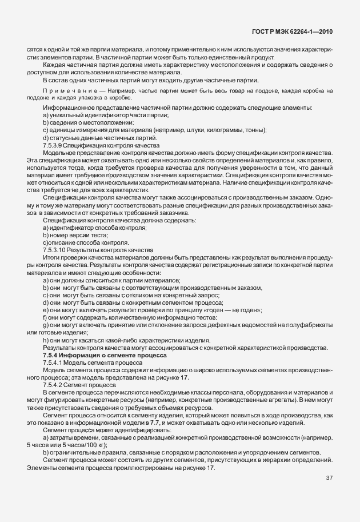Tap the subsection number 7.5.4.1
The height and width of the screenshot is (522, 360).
tap(54, 362)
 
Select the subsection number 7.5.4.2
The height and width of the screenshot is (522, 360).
tap(54, 384)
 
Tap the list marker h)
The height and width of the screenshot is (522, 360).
tap(45, 340)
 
